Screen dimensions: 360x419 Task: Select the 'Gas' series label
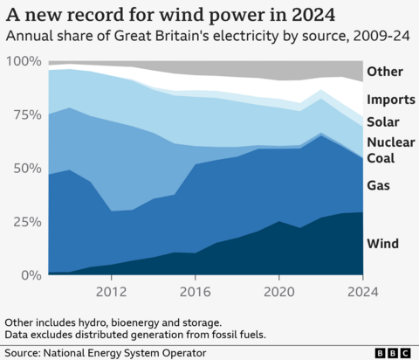(380, 185)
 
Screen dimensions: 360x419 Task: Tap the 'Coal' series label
(382, 158)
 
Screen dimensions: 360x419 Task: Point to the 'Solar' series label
(384, 121)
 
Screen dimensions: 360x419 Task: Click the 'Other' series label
(385, 72)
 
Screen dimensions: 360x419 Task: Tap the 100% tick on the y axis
(24, 62)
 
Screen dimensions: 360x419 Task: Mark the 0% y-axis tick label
(31, 274)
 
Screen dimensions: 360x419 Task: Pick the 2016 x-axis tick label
(195, 290)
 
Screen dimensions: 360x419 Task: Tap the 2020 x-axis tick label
(278, 290)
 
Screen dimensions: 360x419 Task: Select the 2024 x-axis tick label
(361, 290)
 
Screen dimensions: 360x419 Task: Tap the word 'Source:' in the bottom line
(27, 352)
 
